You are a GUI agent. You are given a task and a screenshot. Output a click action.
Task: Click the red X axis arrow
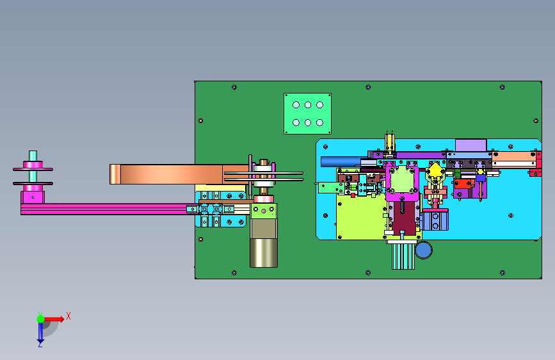54,319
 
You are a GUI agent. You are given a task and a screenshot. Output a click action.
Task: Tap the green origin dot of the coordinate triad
40,319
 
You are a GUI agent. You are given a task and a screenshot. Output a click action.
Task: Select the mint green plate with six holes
307,114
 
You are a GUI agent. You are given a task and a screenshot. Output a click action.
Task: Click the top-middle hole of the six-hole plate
308,105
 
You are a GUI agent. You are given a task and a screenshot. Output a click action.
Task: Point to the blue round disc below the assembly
423,250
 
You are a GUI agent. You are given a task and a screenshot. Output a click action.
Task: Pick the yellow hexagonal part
435,171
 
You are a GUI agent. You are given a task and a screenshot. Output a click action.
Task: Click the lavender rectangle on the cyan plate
471,145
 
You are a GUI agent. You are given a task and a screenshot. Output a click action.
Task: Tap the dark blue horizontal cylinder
342,161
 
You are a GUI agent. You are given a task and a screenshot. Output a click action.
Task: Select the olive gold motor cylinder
264,252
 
